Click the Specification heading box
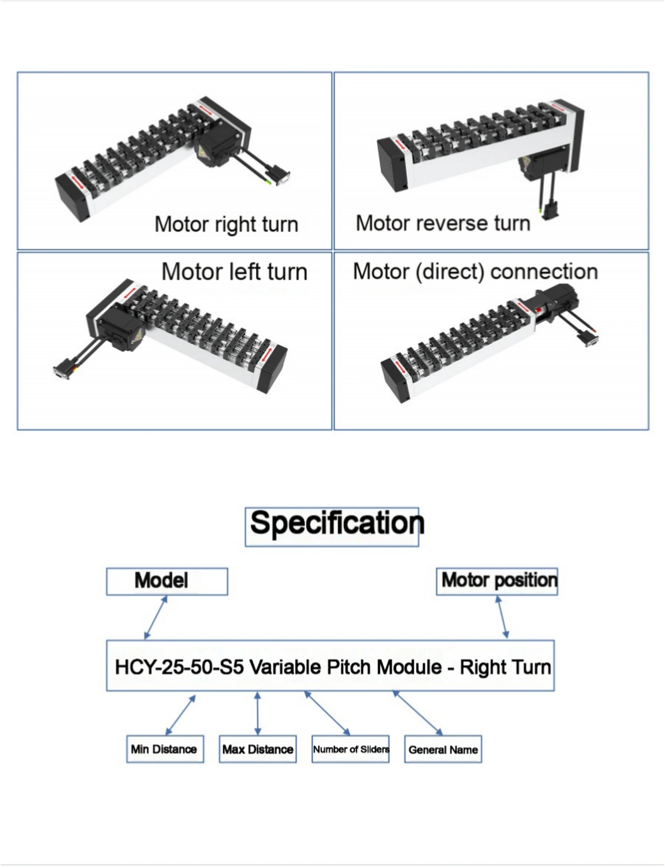pos(332,527)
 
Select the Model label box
pos(167,581)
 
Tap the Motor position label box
pos(497,581)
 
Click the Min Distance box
pos(165,749)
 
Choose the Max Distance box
pos(257,749)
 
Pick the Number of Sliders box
pos(351,749)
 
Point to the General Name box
pos(443,749)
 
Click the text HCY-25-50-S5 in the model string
pos(180,668)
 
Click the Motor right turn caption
pos(226,224)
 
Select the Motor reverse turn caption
pos(443,223)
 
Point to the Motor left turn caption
pos(234,272)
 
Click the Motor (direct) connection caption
pos(475,272)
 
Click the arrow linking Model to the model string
pos(156,617)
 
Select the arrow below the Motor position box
pos(502,617)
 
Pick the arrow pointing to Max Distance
pos(257,713)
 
